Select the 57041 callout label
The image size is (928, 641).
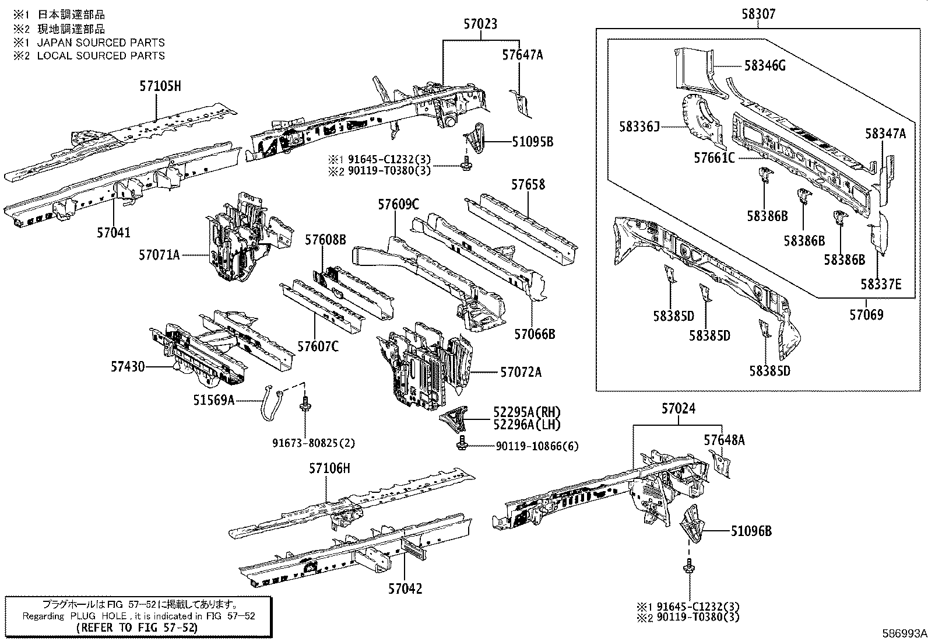pyautogui.click(x=114, y=233)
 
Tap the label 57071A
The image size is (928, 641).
pyautogui.click(x=159, y=255)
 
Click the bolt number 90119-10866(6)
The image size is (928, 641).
pyautogui.click(x=537, y=446)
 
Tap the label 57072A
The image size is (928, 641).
pyautogui.click(x=521, y=372)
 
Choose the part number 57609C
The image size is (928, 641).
pyautogui.click(x=398, y=204)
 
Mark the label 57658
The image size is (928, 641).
pyautogui.click(x=528, y=184)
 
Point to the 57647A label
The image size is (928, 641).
pyautogui.click(x=522, y=55)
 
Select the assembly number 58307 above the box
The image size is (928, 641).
pyautogui.click(x=758, y=14)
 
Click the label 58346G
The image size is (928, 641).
pyautogui.click(x=765, y=66)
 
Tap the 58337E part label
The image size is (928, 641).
pyautogui.click(x=881, y=284)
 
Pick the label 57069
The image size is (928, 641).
pyautogui.click(x=866, y=315)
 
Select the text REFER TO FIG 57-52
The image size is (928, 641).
pyautogui.click(x=138, y=628)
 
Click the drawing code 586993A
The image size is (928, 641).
pyautogui.click(x=903, y=633)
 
